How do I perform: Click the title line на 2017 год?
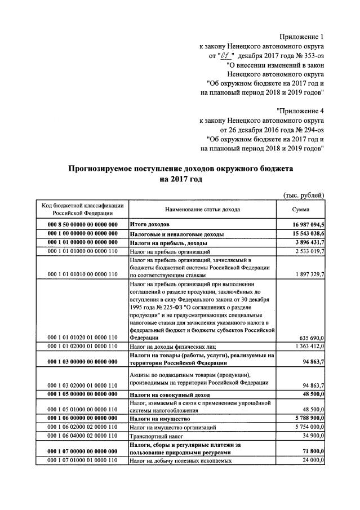[180, 179]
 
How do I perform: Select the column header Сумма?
[301, 209]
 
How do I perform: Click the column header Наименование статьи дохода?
[202, 209]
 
